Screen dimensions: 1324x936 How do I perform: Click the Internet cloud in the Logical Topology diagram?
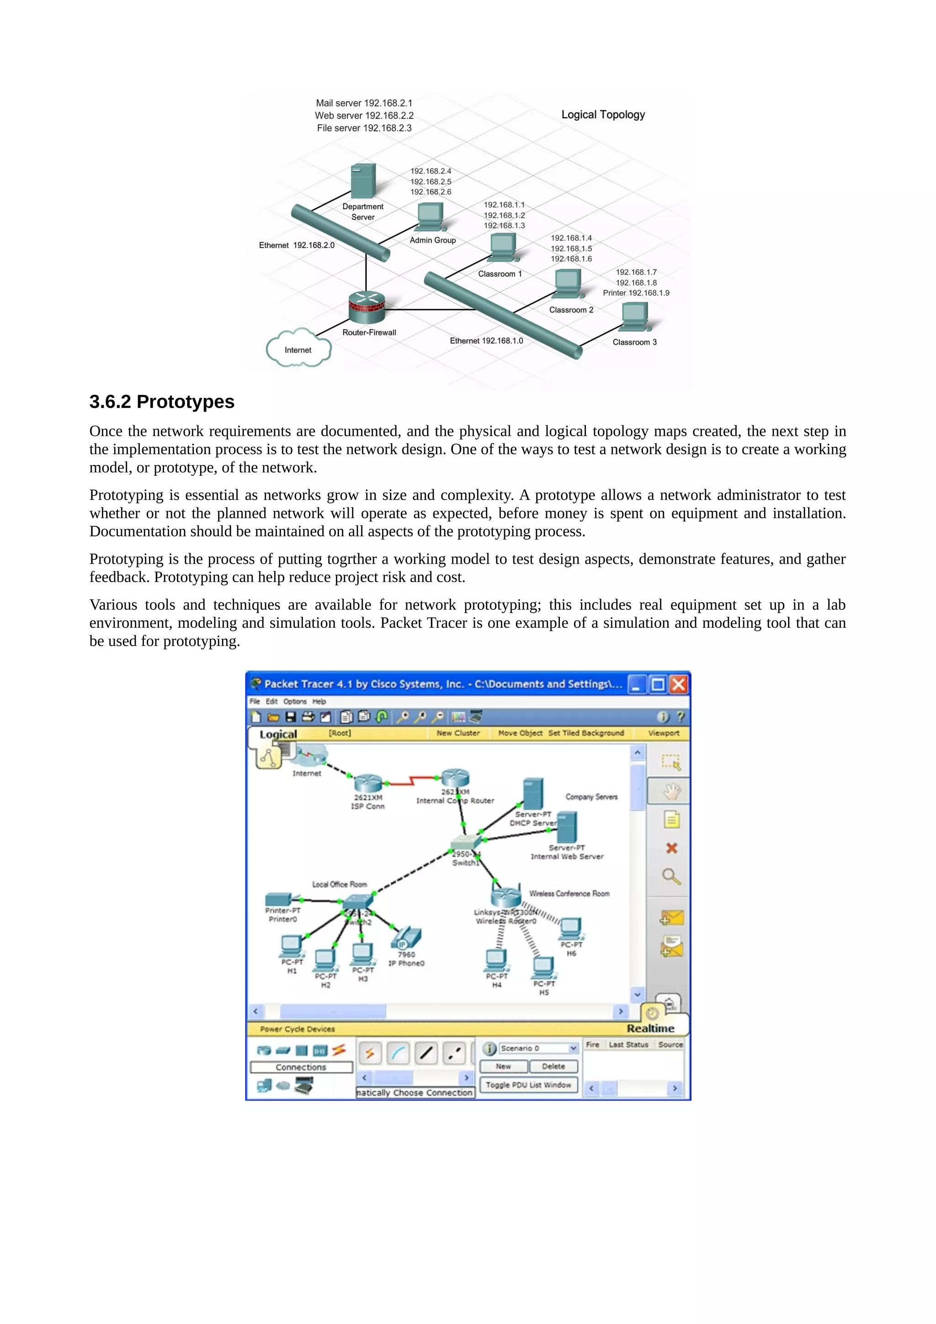click(298, 348)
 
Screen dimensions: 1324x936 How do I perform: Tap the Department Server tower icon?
click(363, 180)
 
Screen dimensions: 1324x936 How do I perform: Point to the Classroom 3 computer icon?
click(634, 317)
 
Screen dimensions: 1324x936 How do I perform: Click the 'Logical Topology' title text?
click(603, 115)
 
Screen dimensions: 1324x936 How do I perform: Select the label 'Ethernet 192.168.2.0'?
click(297, 245)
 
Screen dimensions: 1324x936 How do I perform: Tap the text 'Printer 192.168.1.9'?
click(636, 293)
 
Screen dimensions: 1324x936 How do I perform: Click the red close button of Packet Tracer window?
click(679, 684)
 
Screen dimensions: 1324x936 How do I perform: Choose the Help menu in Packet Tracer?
click(319, 702)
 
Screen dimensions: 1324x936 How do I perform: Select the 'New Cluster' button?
click(458, 733)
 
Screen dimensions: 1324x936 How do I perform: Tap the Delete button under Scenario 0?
click(553, 1066)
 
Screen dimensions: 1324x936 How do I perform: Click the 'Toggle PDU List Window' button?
click(528, 1085)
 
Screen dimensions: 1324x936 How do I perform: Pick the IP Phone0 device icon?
click(407, 938)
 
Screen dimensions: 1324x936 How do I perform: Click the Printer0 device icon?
click(278, 899)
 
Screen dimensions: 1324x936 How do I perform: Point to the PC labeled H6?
click(571, 928)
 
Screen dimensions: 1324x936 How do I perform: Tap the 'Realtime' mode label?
click(650, 1028)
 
